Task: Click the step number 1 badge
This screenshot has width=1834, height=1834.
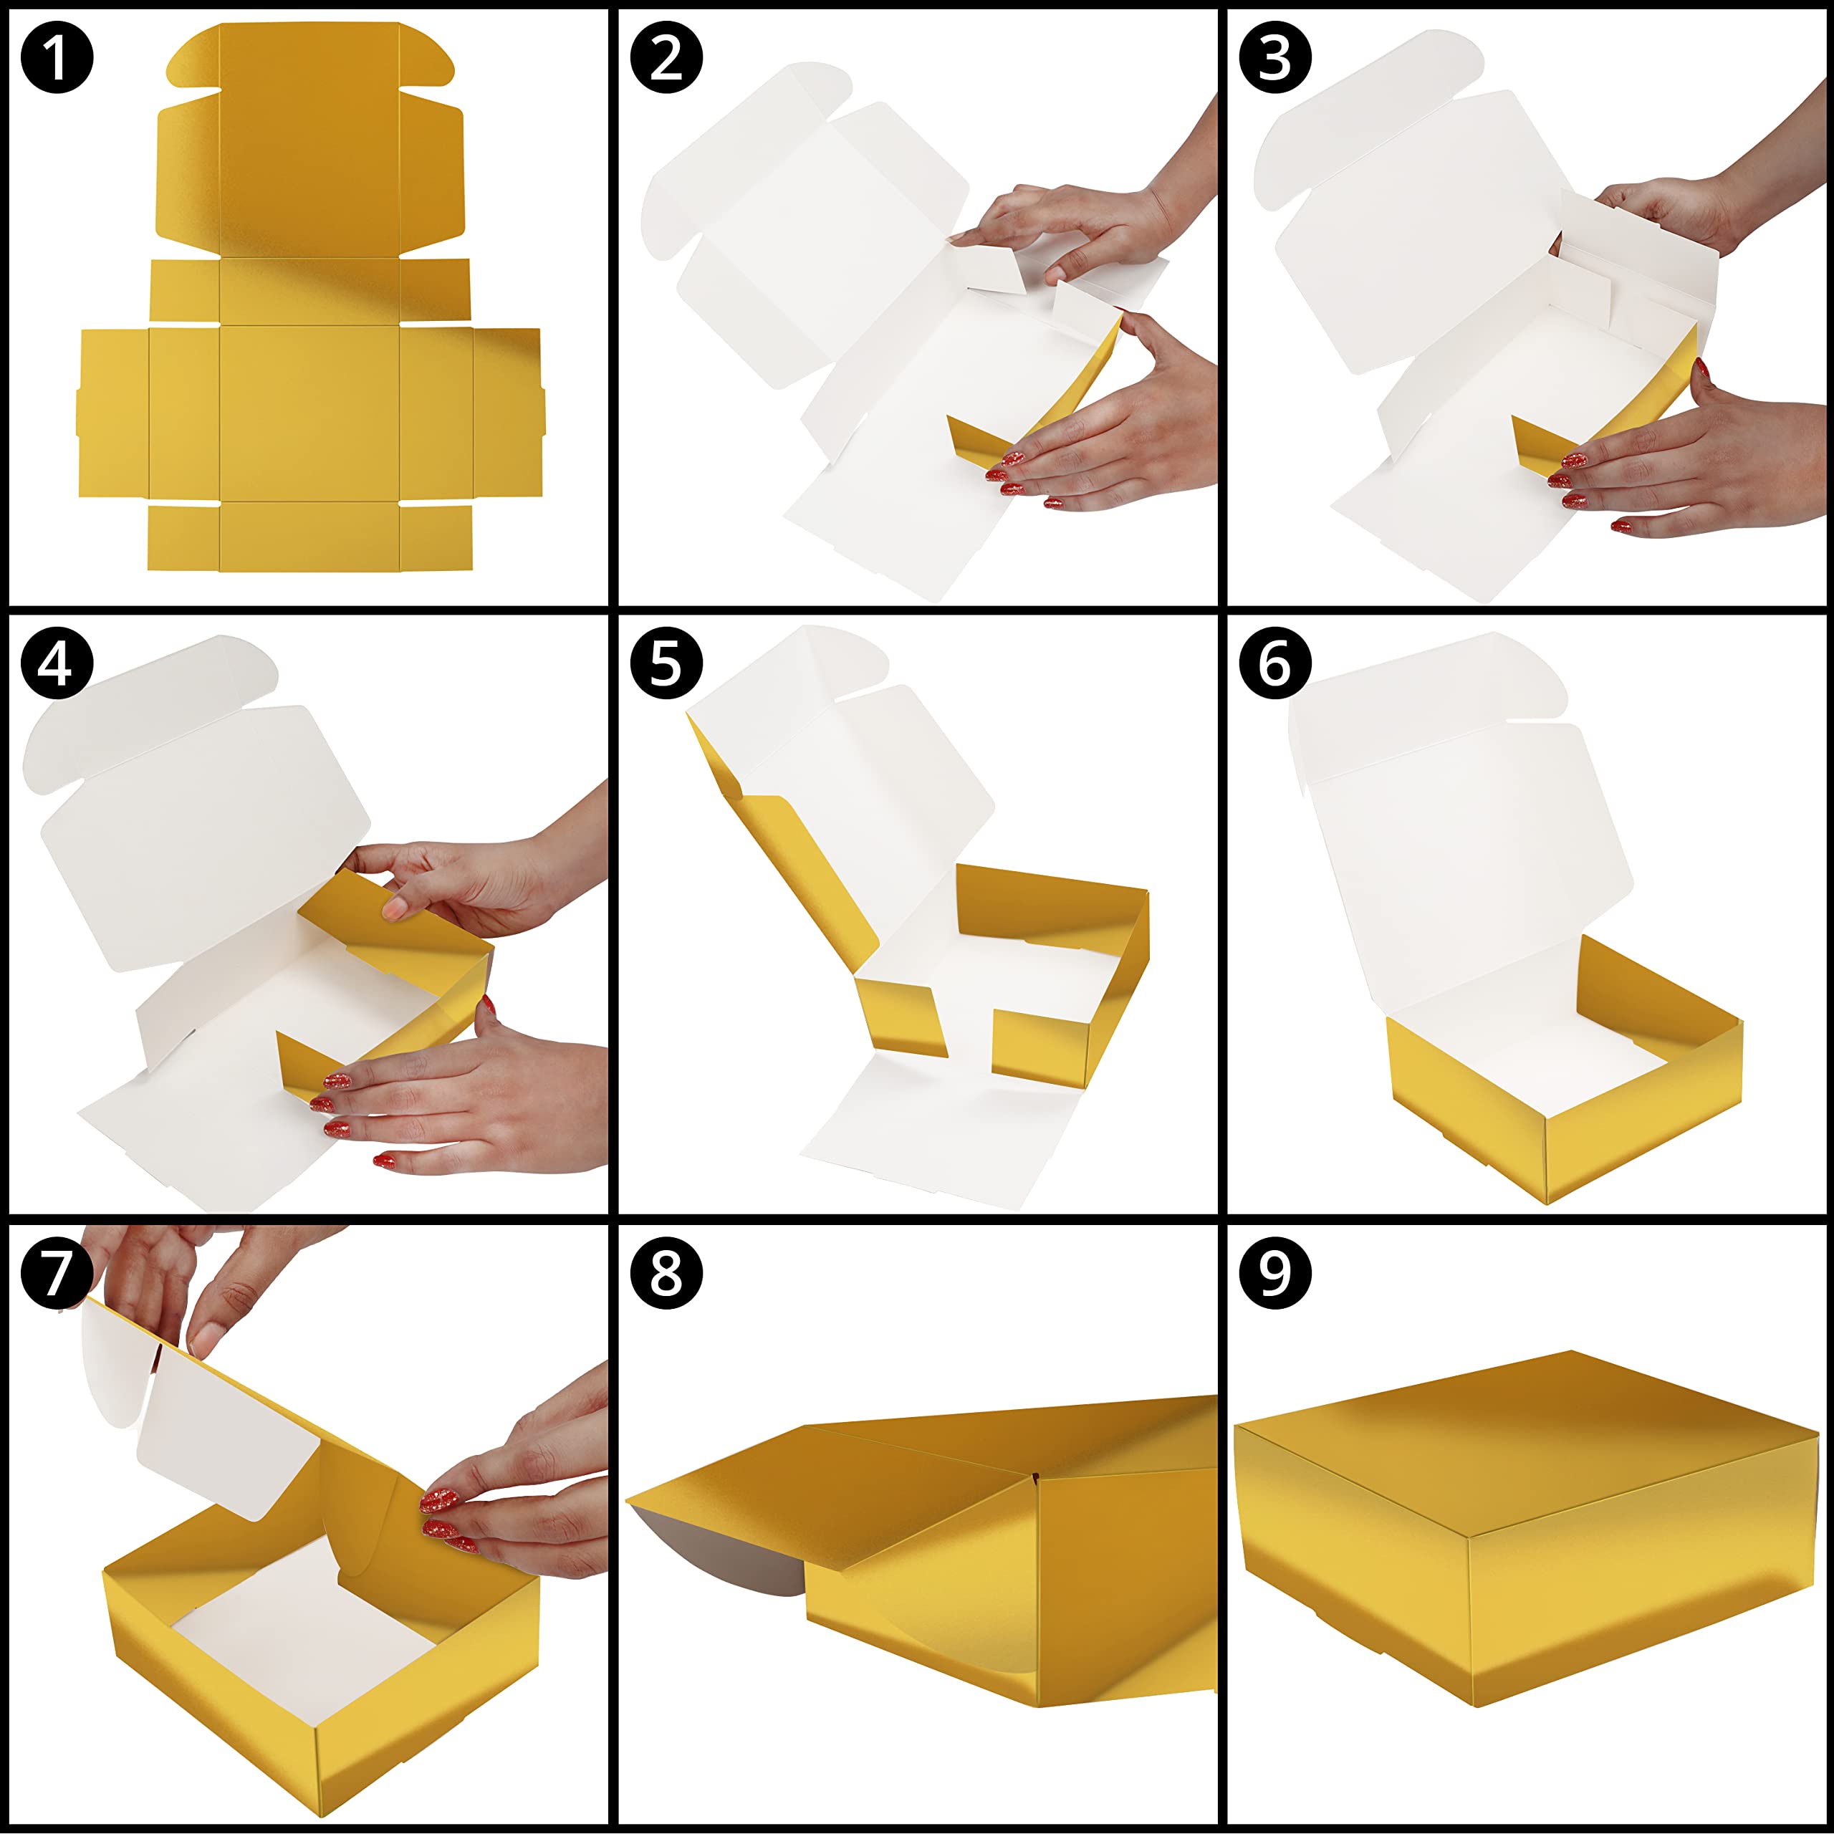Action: (x=57, y=57)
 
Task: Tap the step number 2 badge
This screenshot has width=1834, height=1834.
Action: (x=666, y=57)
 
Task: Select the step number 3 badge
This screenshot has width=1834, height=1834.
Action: (x=1276, y=57)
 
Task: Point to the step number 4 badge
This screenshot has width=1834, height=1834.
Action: (x=57, y=663)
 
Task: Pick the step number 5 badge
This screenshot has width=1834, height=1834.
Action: (x=666, y=663)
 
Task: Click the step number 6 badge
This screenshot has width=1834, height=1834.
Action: (x=1276, y=663)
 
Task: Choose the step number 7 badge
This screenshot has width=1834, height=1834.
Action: (x=57, y=1273)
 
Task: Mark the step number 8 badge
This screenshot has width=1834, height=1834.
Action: (x=666, y=1273)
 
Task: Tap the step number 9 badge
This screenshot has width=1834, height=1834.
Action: (x=1276, y=1273)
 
